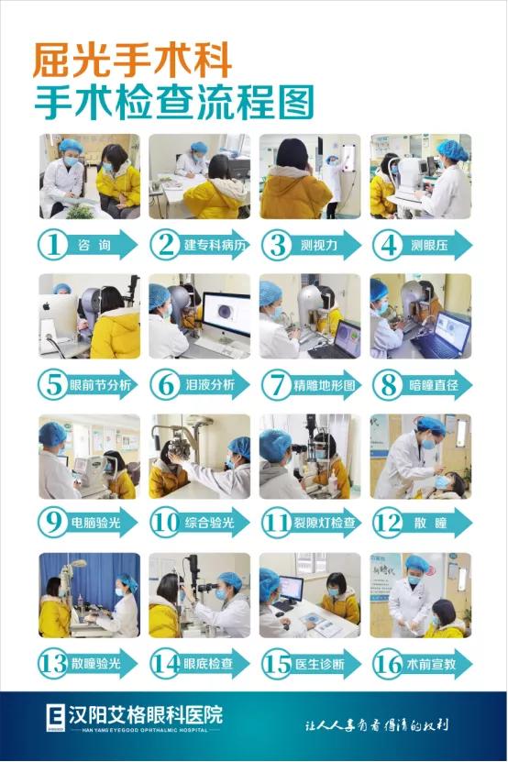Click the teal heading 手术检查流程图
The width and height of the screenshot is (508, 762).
point(174,102)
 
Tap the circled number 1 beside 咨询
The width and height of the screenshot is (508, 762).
point(52,245)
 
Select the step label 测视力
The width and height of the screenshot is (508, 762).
point(318,245)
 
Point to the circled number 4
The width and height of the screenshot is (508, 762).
point(388,245)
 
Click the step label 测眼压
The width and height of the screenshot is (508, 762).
point(429,245)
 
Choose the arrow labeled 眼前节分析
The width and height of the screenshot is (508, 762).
point(88,385)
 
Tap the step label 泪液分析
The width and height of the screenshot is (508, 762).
point(210,385)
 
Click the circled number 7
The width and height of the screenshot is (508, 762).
point(276,385)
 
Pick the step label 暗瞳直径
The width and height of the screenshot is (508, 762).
point(434,385)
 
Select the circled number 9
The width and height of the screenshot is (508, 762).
point(52,523)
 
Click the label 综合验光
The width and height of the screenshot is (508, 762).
point(209,523)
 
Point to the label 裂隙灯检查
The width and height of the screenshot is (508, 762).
point(325,523)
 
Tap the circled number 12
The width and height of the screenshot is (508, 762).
point(388,523)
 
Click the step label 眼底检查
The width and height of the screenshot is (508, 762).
point(208,663)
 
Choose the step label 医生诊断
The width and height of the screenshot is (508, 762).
point(320,663)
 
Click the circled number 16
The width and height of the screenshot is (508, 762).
point(388,664)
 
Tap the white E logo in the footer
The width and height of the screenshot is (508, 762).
point(55,717)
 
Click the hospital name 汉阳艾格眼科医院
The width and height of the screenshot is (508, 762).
point(146,715)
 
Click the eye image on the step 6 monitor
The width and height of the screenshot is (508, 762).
point(225,312)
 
